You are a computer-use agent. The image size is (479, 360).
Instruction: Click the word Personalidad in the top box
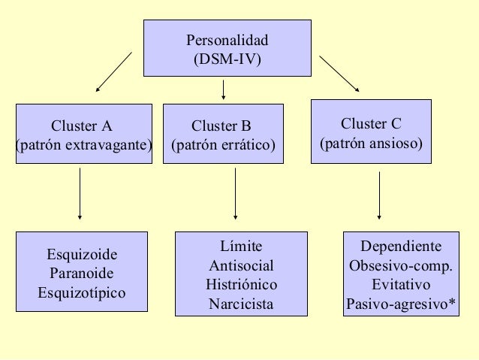(x=227, y=40)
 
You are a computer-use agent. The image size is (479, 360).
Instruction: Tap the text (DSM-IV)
(x=227, y=59)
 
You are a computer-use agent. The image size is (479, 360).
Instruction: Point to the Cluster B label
(x=221, y=125)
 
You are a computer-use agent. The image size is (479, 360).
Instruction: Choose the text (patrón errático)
(x=223, y=144)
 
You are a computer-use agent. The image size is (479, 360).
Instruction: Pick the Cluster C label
(x=371, y=123)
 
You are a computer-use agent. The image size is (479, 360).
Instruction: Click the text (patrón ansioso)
(x=372, y=142)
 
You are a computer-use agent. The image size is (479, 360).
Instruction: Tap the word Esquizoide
(x=82, y=254)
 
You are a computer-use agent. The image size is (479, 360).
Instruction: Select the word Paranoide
(x=82, y=273)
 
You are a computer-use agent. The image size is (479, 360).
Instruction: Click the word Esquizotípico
(x=82, y=292)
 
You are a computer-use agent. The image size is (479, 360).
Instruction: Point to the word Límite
(x=241, y=247)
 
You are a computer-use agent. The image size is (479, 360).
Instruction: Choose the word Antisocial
(x=241, y=266)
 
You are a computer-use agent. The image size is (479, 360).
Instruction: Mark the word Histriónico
(x=241, y=286)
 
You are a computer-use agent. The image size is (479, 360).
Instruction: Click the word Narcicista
(x=241, y=305)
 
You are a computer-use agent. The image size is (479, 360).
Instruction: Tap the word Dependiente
(x=401, y=247)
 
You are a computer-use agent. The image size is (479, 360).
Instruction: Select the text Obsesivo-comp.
(x=401, y=266)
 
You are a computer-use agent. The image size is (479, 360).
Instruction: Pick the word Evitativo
(x=401, y=286)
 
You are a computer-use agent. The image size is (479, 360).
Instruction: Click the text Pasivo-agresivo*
(x=401, y=305)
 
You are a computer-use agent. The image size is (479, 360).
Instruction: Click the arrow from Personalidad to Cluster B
(x=224, y=90)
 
